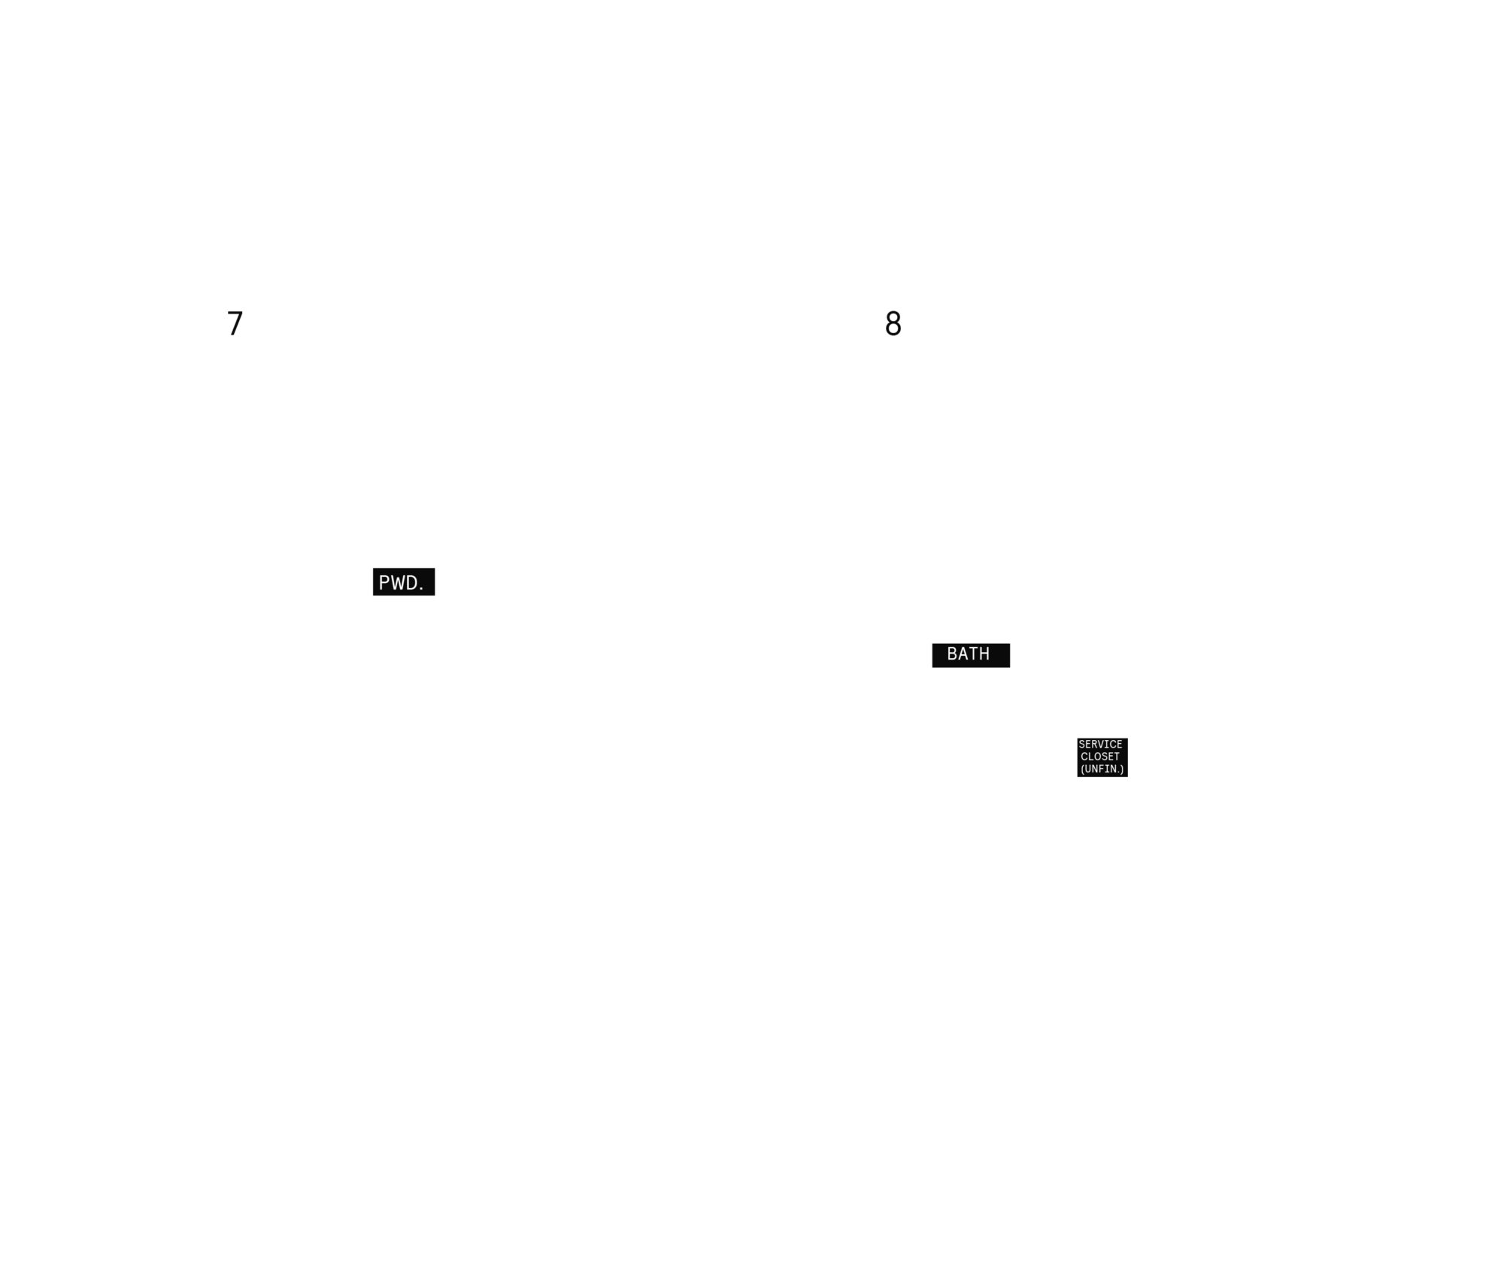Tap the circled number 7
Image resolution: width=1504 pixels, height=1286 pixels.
(x=235, y=323)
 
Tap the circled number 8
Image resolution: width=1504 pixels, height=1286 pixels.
(x=893, y=323)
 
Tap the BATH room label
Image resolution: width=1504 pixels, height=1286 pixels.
(x=968, y=654)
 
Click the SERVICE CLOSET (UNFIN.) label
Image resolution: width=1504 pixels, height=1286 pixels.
(x=1100, y=757)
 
